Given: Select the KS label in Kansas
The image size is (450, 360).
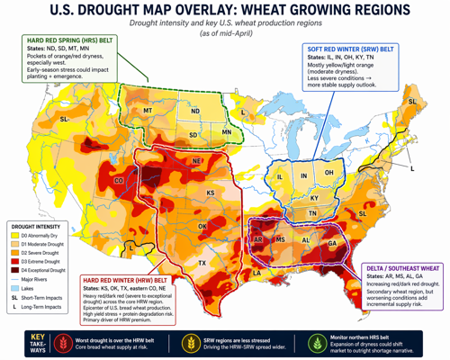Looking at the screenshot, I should (210, 193).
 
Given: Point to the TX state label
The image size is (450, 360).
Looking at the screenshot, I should (202, 263).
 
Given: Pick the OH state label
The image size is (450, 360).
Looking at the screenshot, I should (329, 173).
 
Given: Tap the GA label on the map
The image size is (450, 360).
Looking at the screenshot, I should (332, 243).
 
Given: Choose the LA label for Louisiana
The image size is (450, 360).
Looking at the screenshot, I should (256, 272).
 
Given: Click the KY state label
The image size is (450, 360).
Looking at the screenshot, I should (314, 197).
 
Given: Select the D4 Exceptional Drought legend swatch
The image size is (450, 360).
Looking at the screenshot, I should (15, 269).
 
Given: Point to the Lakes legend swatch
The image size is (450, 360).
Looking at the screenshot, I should (15, 287).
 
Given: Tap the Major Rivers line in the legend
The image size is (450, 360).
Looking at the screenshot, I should (15, 278).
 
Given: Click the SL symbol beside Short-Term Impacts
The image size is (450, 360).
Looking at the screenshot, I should (15, 296).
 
